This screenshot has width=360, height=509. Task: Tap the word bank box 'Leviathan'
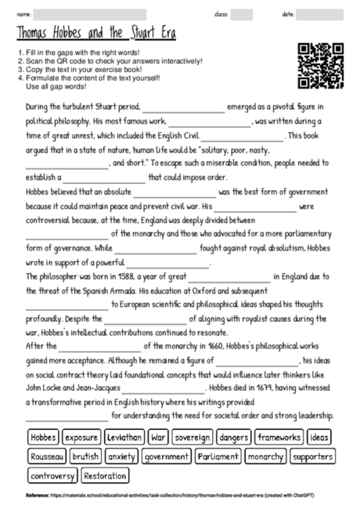[124, 436]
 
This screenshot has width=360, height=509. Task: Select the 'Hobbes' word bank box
[43, 436]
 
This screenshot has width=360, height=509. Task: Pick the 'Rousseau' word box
[45, 456]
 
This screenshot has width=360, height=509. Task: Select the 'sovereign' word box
[193, 436]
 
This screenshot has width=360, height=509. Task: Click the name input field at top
[90, 14]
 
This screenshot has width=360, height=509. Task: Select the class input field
[241, 14]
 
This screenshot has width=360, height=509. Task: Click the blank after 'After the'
[96, 345]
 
